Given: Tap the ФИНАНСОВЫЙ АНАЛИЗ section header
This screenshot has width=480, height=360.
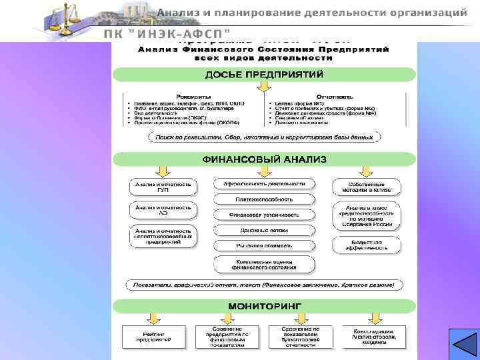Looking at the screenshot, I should tap(264, 159).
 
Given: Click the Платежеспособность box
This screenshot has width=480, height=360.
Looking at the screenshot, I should tap(264, 199).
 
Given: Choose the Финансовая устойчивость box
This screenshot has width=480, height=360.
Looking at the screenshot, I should tap(264, 215).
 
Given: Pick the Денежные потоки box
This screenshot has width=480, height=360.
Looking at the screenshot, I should tap(264, 230).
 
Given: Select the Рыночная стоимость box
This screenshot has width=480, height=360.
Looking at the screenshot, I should tap(264, 245).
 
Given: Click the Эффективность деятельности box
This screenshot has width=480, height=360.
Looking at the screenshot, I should tap(264, 183).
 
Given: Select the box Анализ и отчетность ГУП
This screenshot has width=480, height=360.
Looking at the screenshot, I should tap(163, 187).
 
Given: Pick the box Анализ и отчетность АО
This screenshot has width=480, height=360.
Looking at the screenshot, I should tap(163, 210).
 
